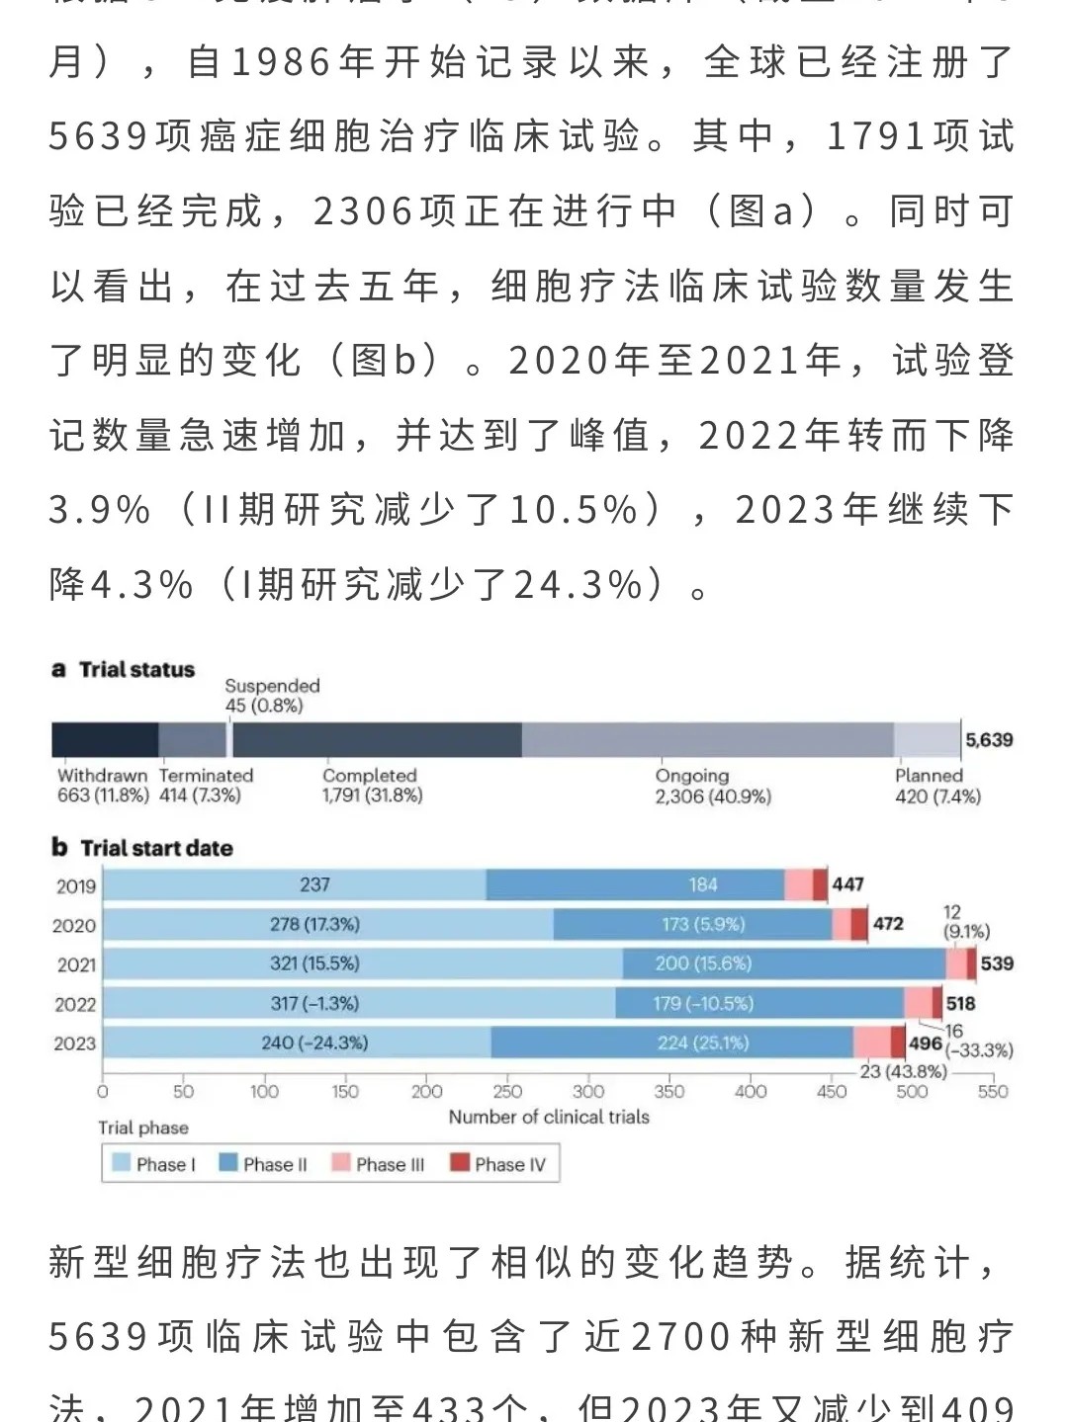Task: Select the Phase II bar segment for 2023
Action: (x=672, y=1043)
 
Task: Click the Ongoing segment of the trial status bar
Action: (x=707, y=739)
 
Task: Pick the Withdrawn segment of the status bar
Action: (x=105, y=739)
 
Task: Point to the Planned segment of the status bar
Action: (x=927, y=739)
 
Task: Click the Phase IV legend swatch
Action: (x=460, y=1163)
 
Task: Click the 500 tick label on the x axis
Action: (x=912, y=1091)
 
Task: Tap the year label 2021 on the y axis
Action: (x=76, y=964)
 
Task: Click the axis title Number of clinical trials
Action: (x=549, y=1117)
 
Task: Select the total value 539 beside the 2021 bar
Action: (x=997, y=963)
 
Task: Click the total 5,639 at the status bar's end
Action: (x=989, y=739)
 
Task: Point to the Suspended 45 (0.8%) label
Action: (x=272, y=696)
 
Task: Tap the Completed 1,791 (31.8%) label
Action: (x=372, y=786)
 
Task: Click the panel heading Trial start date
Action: (x=156, y=848)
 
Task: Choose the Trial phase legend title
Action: (x=142, y=1128)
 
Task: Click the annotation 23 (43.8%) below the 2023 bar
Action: (x=903, y=1071)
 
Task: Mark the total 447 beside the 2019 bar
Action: (x=847, y=884)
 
